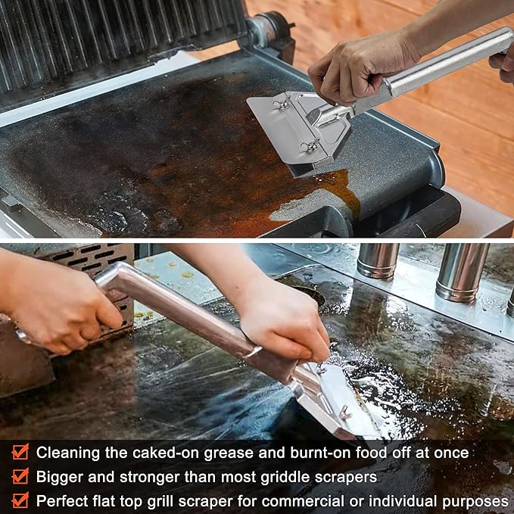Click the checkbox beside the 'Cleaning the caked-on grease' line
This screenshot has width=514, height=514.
point(20,453)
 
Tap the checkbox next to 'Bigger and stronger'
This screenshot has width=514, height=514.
point(20,477)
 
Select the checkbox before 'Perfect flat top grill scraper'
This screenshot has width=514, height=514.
point(20,500)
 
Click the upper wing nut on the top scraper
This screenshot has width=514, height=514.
point(282,104)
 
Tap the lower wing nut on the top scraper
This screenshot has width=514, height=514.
point(310,145)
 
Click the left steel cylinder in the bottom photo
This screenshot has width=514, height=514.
point(378,261)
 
